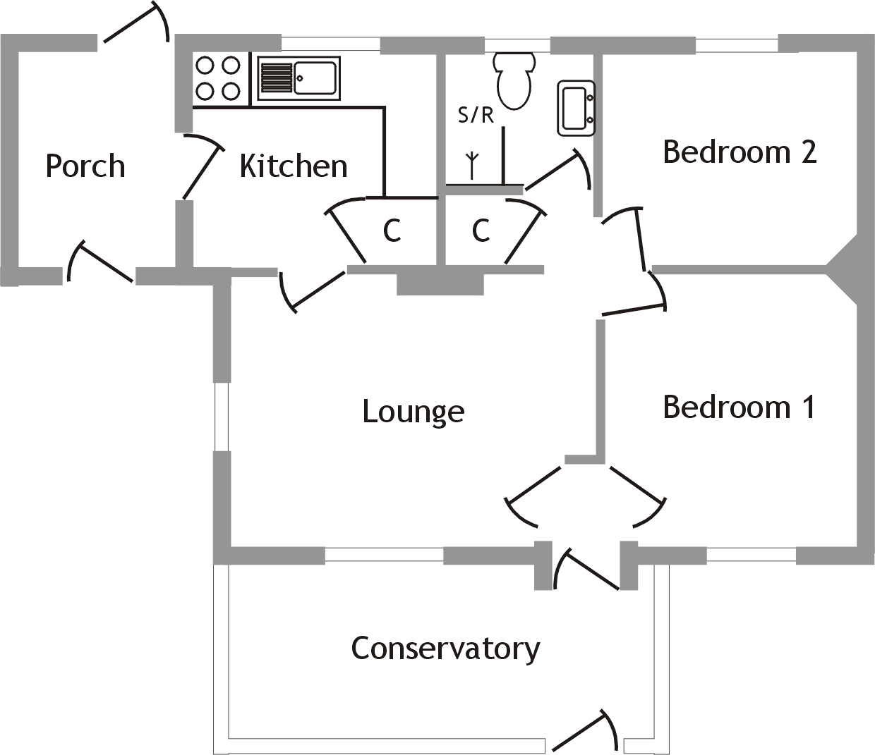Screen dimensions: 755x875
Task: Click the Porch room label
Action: click(85, 166)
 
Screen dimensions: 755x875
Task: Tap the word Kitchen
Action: click(294, 166)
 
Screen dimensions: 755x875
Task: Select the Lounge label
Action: click(414, 412)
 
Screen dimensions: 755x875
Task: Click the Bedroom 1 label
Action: click(739, 407)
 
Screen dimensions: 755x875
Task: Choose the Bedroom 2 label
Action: click(740, 152)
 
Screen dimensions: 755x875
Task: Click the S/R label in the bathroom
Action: click(476, 115)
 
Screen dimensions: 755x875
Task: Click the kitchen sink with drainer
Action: click(298, 78)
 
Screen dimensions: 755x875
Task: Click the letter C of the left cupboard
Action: click(392, 231)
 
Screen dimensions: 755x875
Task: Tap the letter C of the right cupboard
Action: click(481, 231)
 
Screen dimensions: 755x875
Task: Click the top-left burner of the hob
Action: click(205, 66)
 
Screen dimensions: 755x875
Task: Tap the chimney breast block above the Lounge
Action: click(440, 283)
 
